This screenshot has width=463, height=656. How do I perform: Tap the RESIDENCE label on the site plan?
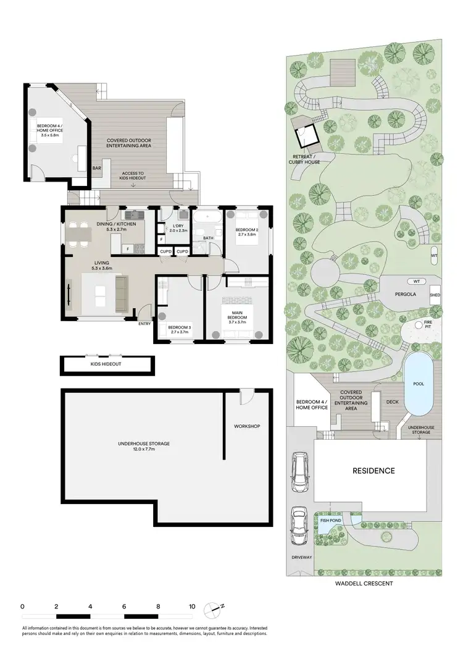pyautogui.click(x=373, y=471)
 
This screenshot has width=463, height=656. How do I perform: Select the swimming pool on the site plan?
pyautogui.click(x=418, y=386)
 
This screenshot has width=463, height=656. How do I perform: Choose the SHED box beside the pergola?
pyautogui.click(x=435, y=295)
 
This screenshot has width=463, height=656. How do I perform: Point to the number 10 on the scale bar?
pyautogui.click(x=191, y=606)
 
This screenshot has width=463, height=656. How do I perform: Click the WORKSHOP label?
pyautogui.click(x=246, y=427)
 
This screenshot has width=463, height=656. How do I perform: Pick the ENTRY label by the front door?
pyautogui.click(x=144, y=323)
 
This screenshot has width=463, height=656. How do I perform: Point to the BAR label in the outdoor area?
pyautogui.click(x=97, y=168)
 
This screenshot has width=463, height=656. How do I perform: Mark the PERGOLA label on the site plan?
pyautogui.click(x=406, y=295)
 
